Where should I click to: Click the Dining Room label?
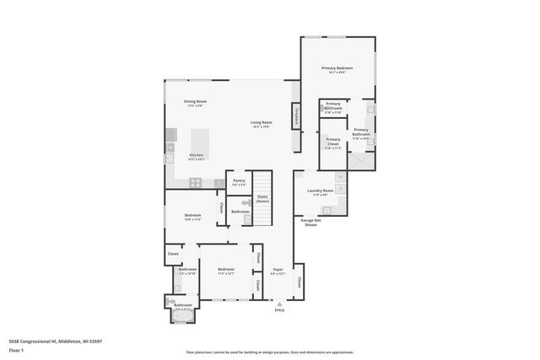coord(196,101)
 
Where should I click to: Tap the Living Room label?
coord(261,123)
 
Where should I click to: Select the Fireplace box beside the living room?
coord(296,116)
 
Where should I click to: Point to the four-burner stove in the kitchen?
coord(196,182)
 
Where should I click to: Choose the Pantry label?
coord(239,180)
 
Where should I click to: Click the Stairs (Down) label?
coord(263,200)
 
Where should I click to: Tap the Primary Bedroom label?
coord(337,68)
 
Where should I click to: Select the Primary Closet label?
coord(333,141)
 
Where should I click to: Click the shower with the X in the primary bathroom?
coord(359,159)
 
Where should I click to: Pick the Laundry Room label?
coord(321,191)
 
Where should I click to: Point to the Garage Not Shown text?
coord(310,223)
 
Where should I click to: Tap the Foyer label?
coord(278,271)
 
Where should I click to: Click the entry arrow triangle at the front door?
coord(279,302)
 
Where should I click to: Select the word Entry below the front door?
coord(279,309)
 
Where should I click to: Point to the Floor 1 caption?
coord(16,349)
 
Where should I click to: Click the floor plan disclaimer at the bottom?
coord(269,352)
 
